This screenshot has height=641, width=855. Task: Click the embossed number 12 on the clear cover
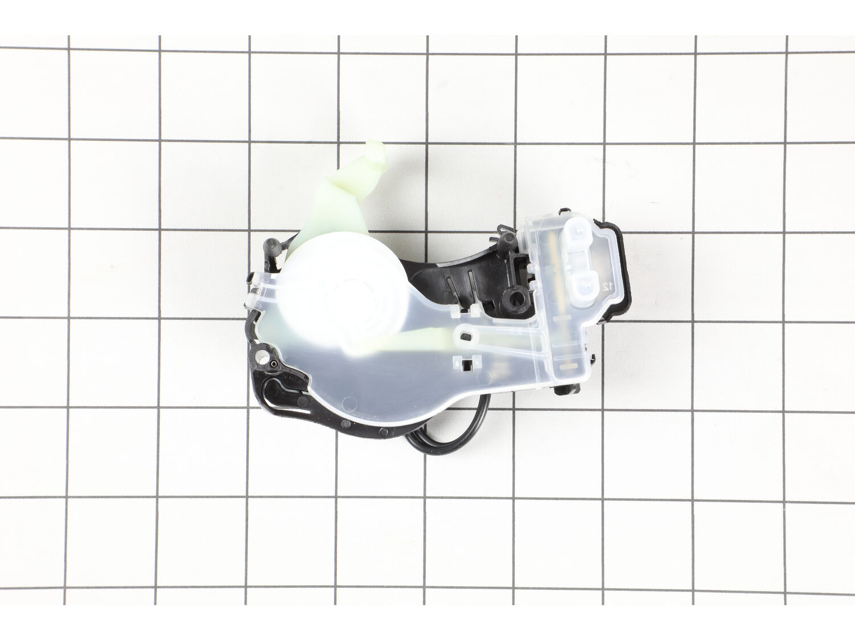coord(606,287)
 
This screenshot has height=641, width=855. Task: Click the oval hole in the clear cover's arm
coord(468,335)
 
